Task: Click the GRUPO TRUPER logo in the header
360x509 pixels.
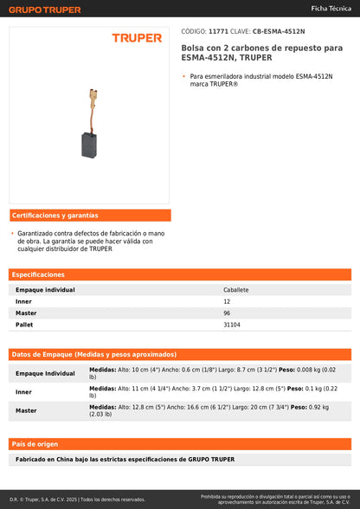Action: pyautogui.click(x=45, y=10)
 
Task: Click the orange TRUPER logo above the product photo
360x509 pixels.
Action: pyautogui.click(x=137, y=38)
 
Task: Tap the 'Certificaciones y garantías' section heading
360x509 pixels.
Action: pyautogui.click(x=55, y=215)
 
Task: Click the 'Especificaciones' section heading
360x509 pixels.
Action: pyautogui.click(x=39, y=274)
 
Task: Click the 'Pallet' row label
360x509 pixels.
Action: pyautogui.click(x=24, y=325)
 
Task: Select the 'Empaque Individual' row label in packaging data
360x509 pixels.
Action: pyautogui.click(x=45, y=373)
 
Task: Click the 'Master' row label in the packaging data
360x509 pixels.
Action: pyautogui.click(x=26, y=411)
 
